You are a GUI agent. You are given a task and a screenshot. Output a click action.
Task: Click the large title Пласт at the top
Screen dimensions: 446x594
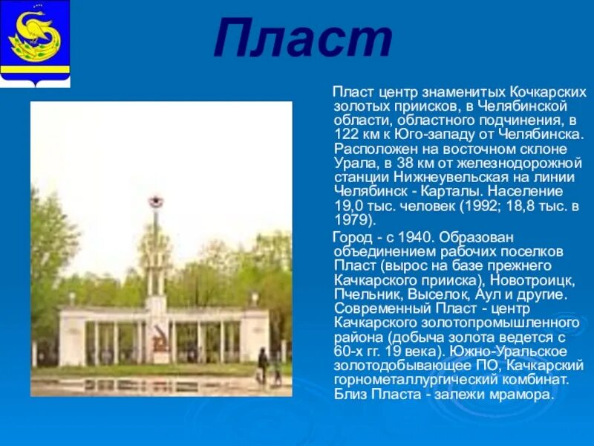[x=302, y=40]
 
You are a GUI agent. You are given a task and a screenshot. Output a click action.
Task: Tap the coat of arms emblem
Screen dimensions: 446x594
[x=35, y=43]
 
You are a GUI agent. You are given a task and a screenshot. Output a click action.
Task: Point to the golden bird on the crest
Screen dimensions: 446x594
[x=34, y=33]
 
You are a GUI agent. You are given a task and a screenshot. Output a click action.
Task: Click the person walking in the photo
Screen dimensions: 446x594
[x=263, y=364]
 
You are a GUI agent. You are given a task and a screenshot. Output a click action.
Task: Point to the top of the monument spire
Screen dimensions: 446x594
[x=155, y=201]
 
